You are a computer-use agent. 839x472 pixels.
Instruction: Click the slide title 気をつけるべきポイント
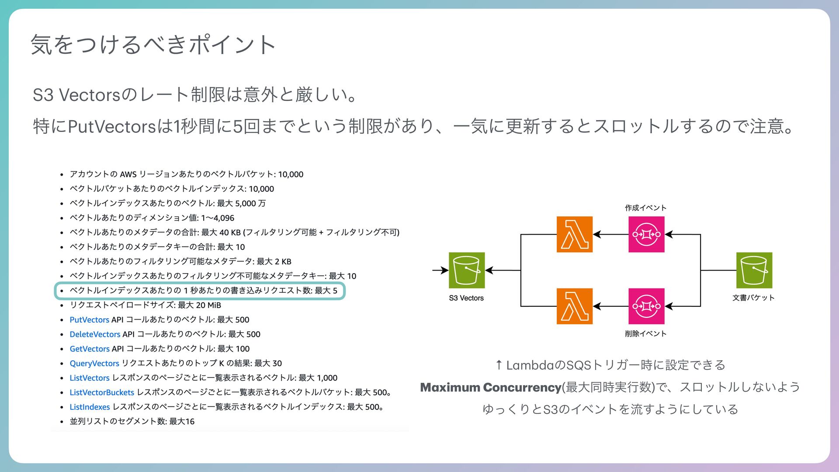[x=153, y=44]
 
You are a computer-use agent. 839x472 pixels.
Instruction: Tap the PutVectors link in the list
[x=89, y=319]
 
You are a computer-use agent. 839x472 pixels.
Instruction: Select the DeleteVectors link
[x=95, y=334]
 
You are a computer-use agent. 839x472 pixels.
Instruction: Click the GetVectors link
[x=90, y=349]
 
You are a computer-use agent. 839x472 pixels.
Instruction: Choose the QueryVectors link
[x=94, y=363]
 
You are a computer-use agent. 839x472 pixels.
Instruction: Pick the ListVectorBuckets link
[x=102, y=392]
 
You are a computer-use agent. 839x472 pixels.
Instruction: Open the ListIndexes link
[x=90, y=407]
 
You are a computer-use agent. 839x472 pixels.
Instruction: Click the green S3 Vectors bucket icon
[x=467, y=270]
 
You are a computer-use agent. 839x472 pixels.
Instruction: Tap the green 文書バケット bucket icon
[x=754, y=270]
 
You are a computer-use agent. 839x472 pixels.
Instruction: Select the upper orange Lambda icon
[x=574, y=234]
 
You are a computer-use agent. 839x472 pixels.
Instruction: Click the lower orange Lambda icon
[x=574, y=306]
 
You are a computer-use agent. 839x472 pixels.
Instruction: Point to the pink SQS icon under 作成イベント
[x=646, y=234]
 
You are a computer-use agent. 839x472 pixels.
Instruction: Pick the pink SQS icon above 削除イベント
[x=646, y=306]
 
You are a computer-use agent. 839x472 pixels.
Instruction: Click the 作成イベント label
[x=645, y=208]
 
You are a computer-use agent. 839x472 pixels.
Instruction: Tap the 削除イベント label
[x=645, y=334]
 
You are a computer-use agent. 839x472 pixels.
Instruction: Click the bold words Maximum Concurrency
[x=490, y=387]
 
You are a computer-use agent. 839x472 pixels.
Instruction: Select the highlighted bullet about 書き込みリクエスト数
[x=203, y=291]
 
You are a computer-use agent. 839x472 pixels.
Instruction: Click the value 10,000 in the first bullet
[x=291, y=174]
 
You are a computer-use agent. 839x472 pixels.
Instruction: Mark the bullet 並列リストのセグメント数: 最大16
[x=132, y=421]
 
